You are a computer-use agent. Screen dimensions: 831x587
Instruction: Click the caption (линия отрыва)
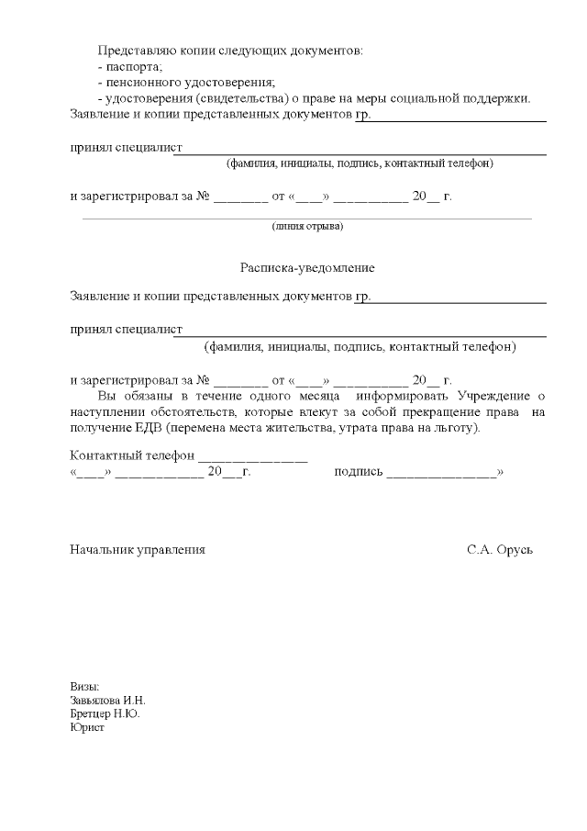(x=307, y=226)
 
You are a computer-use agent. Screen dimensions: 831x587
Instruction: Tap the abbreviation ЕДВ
(x=146, y=429)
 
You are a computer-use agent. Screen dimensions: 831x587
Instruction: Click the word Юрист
(x=87, y=727)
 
